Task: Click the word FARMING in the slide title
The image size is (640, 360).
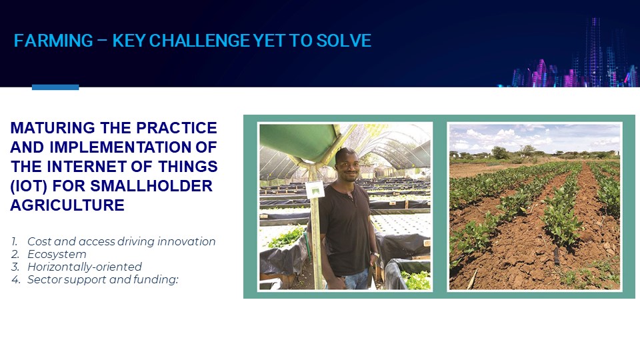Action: (53, 41)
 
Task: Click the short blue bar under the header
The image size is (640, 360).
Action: (55, 87)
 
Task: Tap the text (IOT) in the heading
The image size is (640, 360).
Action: (29, 186)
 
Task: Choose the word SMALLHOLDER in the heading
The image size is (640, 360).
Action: (151, 186)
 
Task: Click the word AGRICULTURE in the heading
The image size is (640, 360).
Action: (67, 205)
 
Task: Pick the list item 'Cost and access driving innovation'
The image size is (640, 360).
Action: (121, 241)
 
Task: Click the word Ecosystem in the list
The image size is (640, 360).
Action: (57, 254)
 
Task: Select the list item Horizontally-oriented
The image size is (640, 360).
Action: (85, 267)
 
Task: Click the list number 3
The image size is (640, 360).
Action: (15, 267)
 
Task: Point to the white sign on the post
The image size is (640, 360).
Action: (315, 190)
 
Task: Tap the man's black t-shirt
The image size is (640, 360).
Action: (346, 229)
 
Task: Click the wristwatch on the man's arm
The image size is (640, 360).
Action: (375, 255)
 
